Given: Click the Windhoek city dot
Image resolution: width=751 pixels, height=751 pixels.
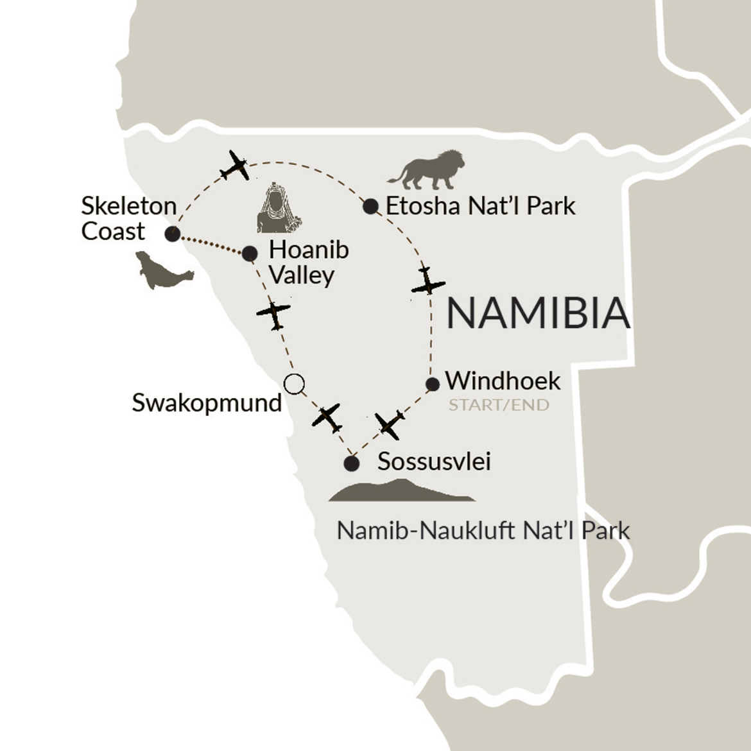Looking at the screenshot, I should point(433,384).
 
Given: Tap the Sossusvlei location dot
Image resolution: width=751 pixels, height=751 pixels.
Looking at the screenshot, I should point(351,463).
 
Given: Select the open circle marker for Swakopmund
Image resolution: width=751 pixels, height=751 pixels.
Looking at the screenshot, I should point(294,384).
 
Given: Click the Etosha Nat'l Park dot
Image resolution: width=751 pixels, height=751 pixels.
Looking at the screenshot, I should point(370,207).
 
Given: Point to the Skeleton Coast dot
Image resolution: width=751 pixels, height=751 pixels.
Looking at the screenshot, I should point(172,234).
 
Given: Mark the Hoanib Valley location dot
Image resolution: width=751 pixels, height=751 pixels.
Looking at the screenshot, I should point(250,254).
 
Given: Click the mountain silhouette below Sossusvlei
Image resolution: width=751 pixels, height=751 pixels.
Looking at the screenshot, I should point(401,491).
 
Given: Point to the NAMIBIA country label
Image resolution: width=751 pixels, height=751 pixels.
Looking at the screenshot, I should point(538,314).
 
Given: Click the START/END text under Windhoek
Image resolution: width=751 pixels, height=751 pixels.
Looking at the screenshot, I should point(499,405).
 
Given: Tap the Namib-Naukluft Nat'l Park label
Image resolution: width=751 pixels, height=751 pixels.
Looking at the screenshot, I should point(483,531).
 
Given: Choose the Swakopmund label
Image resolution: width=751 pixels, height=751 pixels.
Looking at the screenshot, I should point(207,403).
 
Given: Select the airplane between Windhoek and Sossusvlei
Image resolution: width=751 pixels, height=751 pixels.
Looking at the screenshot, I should point(390,424).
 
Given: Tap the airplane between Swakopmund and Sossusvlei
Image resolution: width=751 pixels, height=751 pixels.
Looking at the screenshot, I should point(327,418).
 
